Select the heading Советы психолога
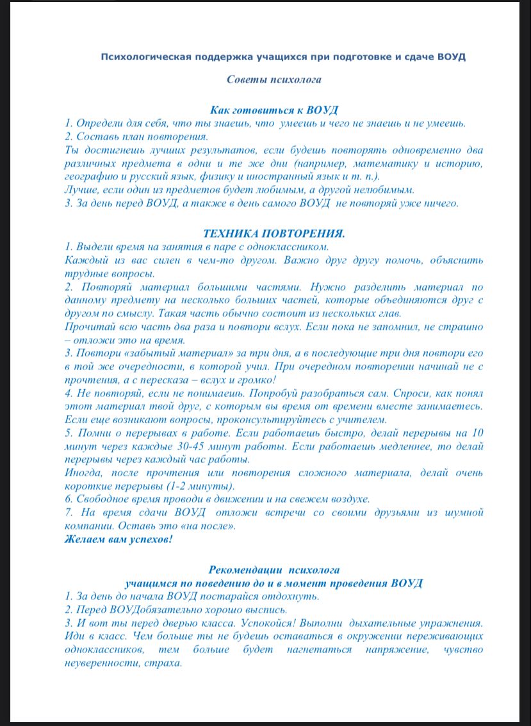[274, 80]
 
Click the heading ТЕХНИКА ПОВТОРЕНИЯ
[274, 234]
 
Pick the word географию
[91, 176]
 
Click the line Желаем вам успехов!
[118, 538]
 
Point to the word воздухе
[348, 499]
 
